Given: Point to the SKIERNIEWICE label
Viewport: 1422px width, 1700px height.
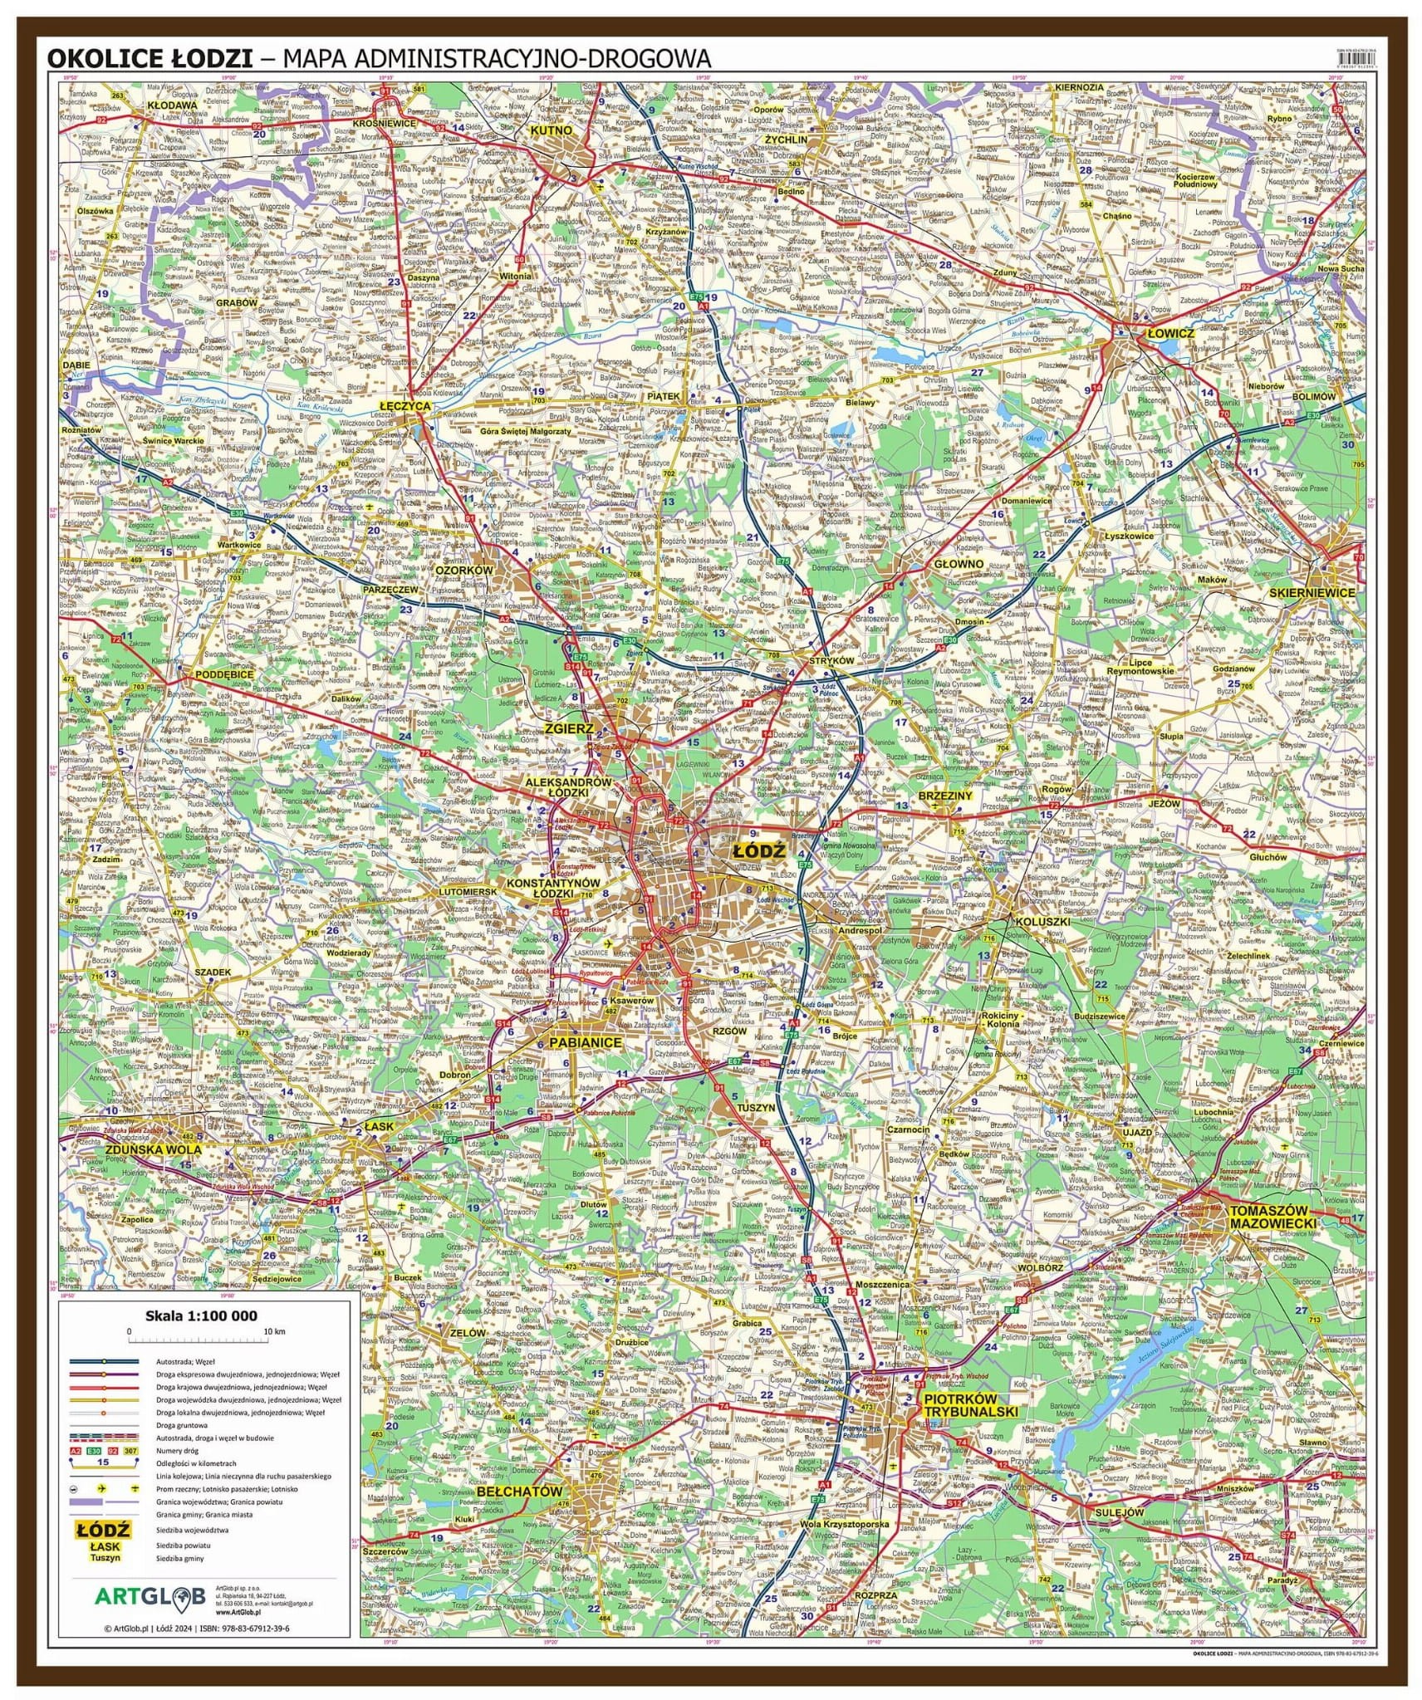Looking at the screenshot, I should click(x=1312, y=593).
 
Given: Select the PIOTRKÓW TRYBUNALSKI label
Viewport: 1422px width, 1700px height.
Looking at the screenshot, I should click(x=969, y=1404).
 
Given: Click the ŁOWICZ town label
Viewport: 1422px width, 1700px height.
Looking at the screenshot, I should click(x=1169, y=333).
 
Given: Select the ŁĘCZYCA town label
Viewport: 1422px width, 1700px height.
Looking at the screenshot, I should click(x=405, y=406).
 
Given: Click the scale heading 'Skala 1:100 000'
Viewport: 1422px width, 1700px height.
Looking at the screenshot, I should click(x=201, y=1315).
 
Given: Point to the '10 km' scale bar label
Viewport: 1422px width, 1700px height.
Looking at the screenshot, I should click(x=273, y=1331).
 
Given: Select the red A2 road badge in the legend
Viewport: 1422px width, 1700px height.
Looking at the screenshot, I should click(x=76, y=1450).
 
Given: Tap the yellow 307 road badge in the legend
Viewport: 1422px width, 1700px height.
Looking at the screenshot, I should click(x=130, y=1450).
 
